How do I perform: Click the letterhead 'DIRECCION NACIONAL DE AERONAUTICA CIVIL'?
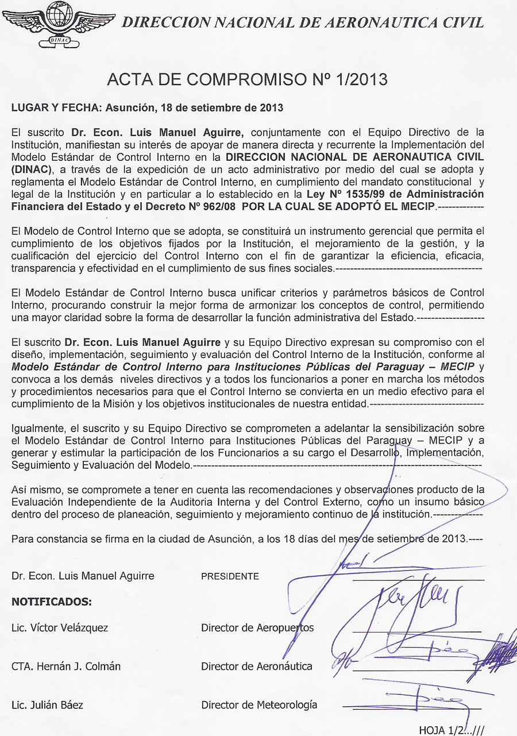(x=302, y=23)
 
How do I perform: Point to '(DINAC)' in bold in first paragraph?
(x=32, y=169)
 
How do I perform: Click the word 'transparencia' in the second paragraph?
(x=39, y=268)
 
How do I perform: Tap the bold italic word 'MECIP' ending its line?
(x=457, y=367)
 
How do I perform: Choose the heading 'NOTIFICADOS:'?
(x=52, y=602)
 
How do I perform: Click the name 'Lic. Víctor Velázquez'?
(x=60, y=628)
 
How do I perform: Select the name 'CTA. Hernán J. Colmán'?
(x=66, y=666)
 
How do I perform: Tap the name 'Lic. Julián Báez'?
(x=47, y=705)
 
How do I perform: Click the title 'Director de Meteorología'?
(x=259, y=705)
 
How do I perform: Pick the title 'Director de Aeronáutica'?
(x=257, y=666)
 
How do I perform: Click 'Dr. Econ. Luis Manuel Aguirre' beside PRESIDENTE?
(x=83, y=576)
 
